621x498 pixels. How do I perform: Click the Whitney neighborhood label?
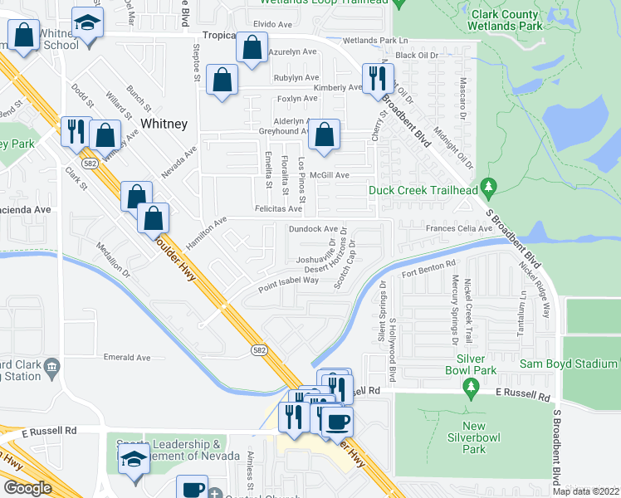point(164,123)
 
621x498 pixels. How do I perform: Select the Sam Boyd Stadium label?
point(569,364)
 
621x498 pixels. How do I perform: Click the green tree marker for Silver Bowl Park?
point(471,386)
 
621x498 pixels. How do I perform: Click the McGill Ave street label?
point(330,175)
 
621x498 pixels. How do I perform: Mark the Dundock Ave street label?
point(313,228)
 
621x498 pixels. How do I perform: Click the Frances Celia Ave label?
point(459,228)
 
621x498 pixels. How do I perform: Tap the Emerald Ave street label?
point(127,358)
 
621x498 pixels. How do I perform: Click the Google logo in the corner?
point(27,488)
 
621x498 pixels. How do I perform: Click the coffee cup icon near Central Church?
point(192,488)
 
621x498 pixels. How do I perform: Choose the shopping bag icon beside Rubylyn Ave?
point(222,81)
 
